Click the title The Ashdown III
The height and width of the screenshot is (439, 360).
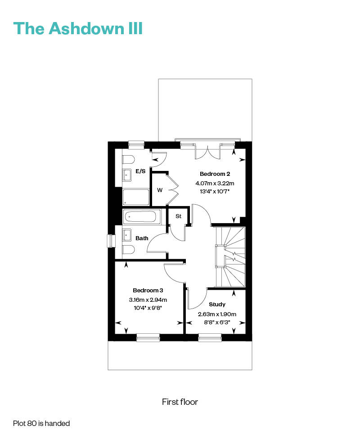click(x=78, y=28)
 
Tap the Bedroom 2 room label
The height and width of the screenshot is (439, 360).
click(x=215, y=174)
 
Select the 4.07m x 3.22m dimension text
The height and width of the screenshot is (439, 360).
click(x=215, y=184)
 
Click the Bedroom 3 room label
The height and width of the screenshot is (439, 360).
click(x=148, y=290)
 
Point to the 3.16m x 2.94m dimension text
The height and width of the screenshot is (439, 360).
click(x=148, y=300)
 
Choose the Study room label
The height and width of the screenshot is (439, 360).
click(x=217, y=305)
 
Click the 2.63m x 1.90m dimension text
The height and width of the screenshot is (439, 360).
click(x=217, y=314)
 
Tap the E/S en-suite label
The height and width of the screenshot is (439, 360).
click(x=141, y=171)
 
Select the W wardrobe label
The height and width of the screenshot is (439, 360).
click(x=160, y=190)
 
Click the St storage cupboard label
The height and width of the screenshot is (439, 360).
click(x=179, y=216)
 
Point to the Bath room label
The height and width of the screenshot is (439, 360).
click(x=142, y=238)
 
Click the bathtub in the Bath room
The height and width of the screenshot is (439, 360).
click(x=142, y=217)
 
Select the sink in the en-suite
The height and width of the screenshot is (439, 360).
click(x=127, y=175)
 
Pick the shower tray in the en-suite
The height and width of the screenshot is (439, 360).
click(x=136, y=197)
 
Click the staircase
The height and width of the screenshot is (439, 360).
click(x=230, y=257)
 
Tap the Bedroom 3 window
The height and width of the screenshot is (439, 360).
click(x=148, y=337)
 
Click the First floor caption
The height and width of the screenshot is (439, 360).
click(x=180, y=402)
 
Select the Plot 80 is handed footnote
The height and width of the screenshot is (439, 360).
click(x=41, y=423)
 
